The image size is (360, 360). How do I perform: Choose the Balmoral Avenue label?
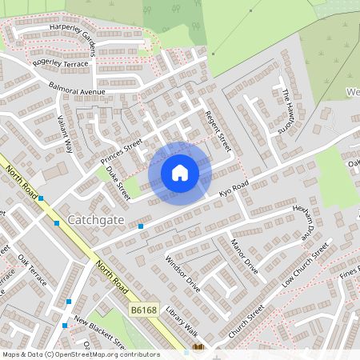77,88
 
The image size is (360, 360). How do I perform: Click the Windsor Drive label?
182,271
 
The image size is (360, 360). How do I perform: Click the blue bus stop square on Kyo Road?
141,226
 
